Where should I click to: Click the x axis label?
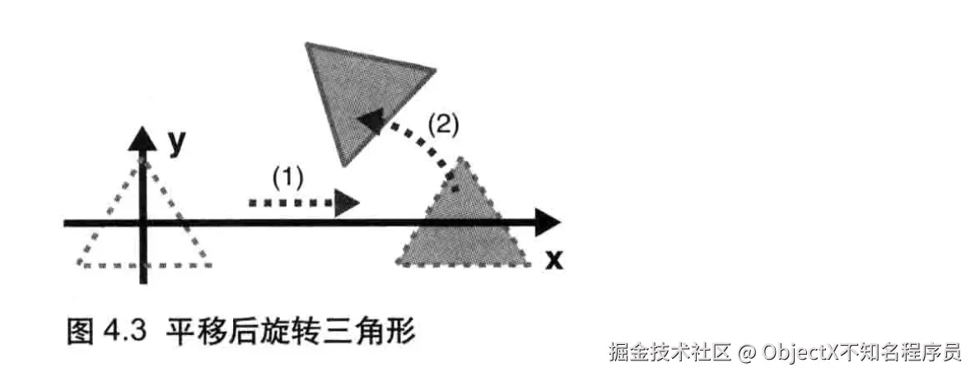coord(555,260)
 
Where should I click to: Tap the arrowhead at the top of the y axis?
coord(143,137)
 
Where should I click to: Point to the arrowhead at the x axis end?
coord(546,222)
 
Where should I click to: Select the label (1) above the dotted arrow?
coord(288,177)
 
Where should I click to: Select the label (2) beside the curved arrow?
coord(443,125)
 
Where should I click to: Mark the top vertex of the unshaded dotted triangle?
coord(144,161)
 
